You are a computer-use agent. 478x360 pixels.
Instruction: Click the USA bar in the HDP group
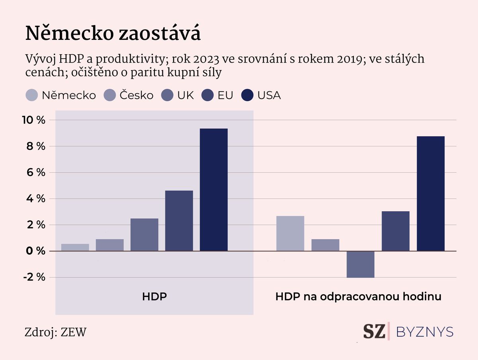[214, 190]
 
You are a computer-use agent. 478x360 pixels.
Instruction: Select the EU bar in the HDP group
[179, 221]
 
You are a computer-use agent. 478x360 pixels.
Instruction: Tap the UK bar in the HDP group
[144, 235]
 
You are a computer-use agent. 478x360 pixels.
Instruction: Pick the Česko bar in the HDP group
[110, 245]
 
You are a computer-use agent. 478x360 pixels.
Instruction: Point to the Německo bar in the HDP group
[75, 248]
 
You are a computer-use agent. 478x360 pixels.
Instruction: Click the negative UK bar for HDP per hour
[360, 264]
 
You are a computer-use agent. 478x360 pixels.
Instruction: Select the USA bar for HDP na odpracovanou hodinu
[430, 194]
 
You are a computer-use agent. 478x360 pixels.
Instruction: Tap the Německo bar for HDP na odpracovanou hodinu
[290, 234]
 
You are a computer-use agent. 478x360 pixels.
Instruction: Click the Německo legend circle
[31, 96]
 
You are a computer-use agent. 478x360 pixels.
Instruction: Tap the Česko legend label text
[137, 96]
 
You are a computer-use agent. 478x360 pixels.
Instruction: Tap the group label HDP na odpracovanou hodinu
[358, 297]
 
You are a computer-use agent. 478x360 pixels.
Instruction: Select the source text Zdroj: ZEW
[55, 332]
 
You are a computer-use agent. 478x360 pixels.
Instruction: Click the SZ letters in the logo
[374, 332]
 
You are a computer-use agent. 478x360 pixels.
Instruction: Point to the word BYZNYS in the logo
[425, 332]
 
